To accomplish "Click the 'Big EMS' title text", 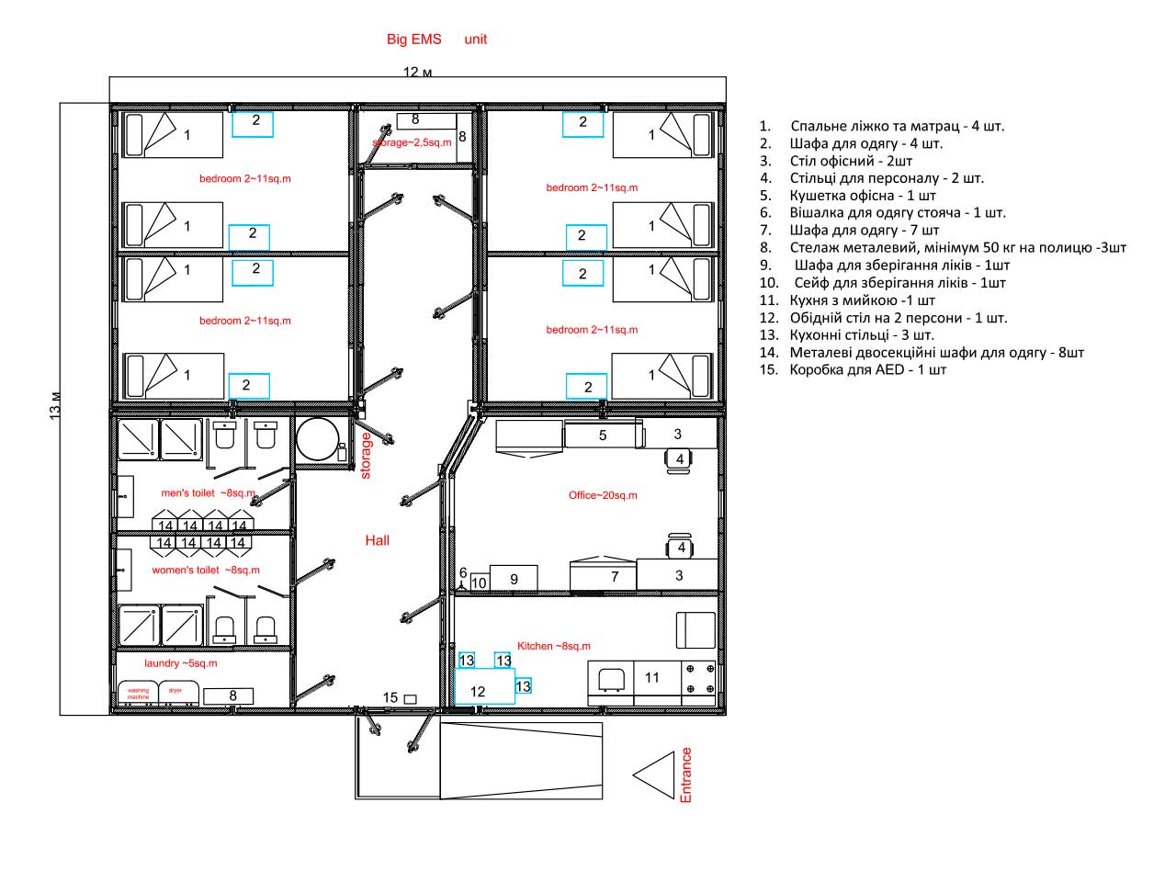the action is coord(413,40).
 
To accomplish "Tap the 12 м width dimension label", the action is coord(417,72).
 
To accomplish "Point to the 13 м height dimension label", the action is coord(54,406).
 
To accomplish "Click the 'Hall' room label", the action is coord(377,540).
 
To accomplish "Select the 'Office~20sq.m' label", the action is coord(603,495).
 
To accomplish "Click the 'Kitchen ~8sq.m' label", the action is coord(553,646).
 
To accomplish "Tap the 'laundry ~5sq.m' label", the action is coord(181,663).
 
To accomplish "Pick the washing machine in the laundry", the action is coord(138,693).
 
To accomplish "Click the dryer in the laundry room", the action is coord(179,693).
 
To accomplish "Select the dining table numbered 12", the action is coord(484,686).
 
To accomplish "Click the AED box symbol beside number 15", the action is coord(410,699).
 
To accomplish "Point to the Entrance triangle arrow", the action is coord(653,775).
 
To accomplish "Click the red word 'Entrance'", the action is coord(685,775).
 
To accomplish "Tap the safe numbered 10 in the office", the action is coord(479,582).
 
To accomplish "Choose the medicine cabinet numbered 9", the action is coord(514,578).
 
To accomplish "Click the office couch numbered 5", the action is coord(603,435).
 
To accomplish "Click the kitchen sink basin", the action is coord(611,679).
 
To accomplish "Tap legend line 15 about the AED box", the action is coord(853,369).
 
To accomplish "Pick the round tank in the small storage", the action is coord(318,439).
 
